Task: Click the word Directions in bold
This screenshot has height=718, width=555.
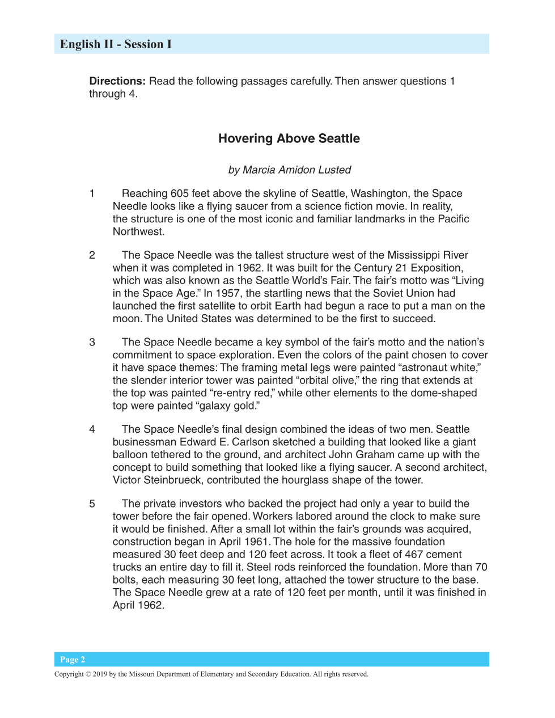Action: pyautogui.click(x=117, y=81)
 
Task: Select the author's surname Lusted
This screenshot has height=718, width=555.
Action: pyautogui.click(x=334, y=170)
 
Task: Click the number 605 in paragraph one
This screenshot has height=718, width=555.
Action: pyautogui.click(x=180, y=193)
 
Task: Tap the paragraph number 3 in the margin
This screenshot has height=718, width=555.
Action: pyautogui.click(x=92, y=342)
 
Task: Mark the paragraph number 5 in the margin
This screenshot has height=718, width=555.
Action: pyautogui.click(x=92, y=504)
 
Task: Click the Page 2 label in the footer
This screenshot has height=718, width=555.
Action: pyautogui.click(x=73, y=660)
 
